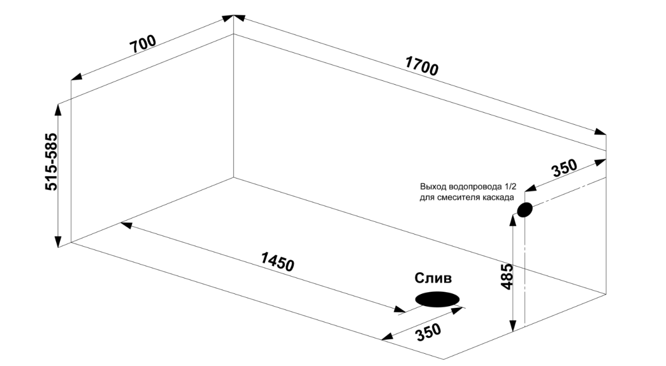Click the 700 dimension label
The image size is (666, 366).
143,44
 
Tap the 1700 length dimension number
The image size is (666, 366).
422,66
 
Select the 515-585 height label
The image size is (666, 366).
51,162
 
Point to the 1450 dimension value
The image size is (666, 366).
277,262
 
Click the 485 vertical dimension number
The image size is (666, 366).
507,277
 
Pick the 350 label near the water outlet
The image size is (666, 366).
564,168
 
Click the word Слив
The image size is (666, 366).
433,278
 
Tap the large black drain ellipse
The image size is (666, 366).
437,299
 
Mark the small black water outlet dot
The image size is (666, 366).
525,210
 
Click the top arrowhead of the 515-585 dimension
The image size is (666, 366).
58,109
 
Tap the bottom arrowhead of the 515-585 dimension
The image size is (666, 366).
58,242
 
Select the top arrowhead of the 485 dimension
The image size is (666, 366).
512,220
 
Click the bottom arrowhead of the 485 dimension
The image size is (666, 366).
512,326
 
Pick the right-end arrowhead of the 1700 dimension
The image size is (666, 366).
600,132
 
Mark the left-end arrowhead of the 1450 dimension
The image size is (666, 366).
126,225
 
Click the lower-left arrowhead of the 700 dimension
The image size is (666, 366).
77,77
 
